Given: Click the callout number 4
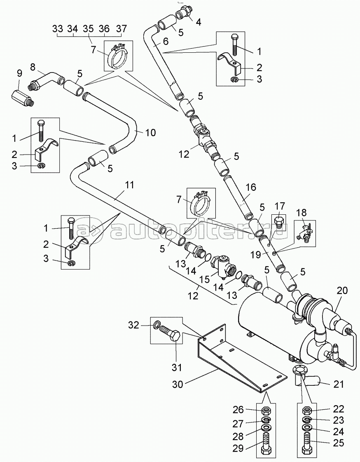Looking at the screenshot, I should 199,22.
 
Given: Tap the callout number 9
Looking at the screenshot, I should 19,74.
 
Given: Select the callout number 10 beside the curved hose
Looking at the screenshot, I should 150,132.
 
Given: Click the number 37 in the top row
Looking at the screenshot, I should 121,29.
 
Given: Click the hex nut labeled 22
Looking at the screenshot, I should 307,410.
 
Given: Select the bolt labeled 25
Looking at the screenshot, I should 307,444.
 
